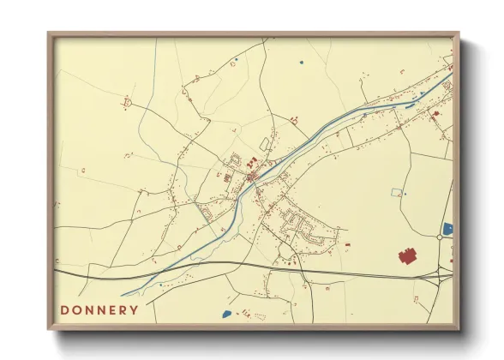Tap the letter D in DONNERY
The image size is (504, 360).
tap(65, 309)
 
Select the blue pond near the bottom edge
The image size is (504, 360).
tap(226, 314)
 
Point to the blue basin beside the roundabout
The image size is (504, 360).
tap(447, 229)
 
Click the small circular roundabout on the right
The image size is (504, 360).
tap(439, 237)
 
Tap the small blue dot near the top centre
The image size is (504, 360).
tap(301, 62)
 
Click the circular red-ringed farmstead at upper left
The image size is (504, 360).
tap(129, 103)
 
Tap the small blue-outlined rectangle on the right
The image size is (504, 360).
tap(396, 193)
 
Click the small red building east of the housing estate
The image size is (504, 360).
tap(348, 245)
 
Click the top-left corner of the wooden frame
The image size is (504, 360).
tap(50, 35)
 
